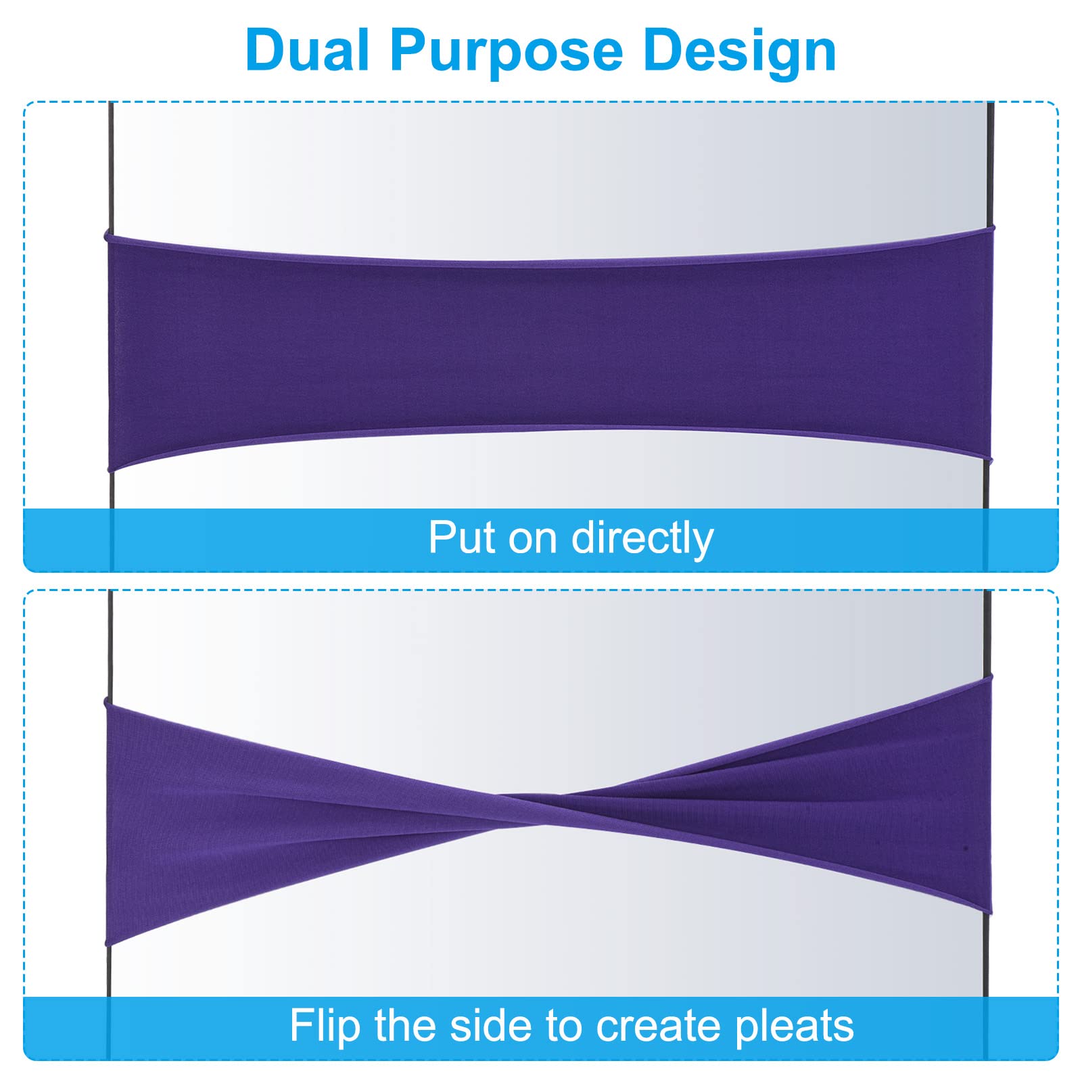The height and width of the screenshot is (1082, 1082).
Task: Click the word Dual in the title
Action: coord(307,51)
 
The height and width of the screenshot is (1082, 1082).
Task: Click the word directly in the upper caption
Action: coord(642,540)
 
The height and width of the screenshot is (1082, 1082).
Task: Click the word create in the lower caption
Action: coord(659,1027)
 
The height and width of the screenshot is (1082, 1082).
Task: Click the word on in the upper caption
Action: coord(534,541)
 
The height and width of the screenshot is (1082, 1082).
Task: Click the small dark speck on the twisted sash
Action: coord(966,847)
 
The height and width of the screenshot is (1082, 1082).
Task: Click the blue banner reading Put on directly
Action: coord(541,540)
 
